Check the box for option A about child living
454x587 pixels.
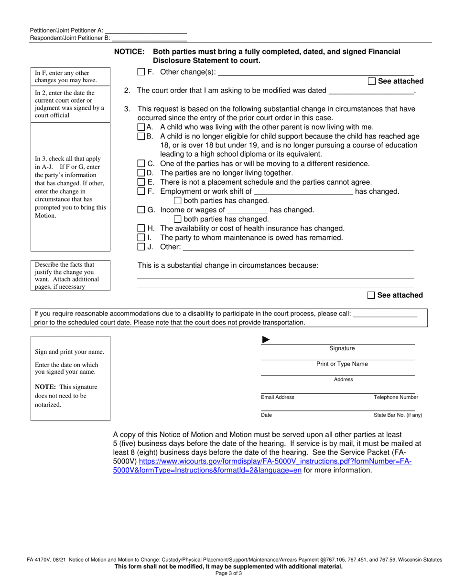tap(141, 127)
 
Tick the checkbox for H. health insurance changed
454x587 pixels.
tap(141, 229)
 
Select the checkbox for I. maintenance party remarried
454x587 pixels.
tap(141, 238)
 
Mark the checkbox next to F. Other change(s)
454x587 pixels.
tap(141, 72)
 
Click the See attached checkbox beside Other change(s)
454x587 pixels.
tap(372, 81)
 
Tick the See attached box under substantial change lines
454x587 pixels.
tap(371, 295)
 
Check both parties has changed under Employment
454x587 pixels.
tap(178, 201)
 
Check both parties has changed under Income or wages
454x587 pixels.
tap(178, 219)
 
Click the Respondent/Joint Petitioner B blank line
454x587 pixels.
tap(149, 38)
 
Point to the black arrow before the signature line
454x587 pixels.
tap(266, 340)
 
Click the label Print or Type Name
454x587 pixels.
tap(342, 364)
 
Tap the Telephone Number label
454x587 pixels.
tap(396, 398)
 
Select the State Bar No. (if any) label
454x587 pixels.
tap(398, 415)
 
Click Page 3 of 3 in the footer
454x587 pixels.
tap(227, 574)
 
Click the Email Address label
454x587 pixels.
tap(278, 398)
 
